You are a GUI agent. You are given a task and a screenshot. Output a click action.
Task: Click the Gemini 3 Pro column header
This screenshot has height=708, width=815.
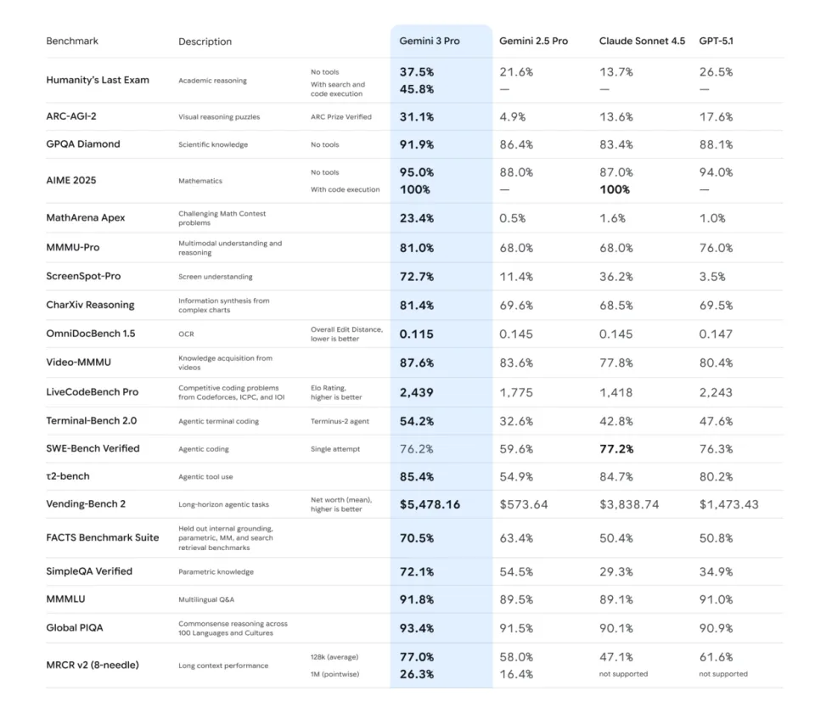pos(430,41)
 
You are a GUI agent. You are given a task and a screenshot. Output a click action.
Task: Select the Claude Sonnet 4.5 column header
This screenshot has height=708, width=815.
pos(642,41)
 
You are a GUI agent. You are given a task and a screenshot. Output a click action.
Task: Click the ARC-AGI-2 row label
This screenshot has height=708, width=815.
pos(71,116)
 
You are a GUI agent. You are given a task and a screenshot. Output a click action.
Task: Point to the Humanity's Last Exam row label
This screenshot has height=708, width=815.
pos(98,80)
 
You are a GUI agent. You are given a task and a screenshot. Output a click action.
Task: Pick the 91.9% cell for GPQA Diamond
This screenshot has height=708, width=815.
pos(417,144)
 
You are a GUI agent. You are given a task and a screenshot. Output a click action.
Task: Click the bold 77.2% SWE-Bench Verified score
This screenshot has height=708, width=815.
pos(616,448)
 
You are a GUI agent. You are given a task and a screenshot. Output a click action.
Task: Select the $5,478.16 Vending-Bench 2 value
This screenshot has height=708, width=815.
pos(430,504)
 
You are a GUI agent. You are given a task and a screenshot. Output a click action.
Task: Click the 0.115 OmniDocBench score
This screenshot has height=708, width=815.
pos(417,334)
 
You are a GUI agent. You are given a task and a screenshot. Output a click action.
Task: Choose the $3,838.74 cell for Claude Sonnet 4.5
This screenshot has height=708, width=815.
pos(629,504)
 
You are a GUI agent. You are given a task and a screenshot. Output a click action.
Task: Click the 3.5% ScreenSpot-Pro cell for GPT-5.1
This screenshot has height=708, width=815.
pos(712,277)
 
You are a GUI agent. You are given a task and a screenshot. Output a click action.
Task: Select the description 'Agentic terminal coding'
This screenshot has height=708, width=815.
pos(219,421)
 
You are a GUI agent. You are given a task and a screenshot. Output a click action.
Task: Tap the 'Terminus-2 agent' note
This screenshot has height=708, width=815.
pos(340,421)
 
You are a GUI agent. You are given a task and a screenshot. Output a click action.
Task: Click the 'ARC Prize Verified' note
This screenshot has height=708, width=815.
pos(341,117)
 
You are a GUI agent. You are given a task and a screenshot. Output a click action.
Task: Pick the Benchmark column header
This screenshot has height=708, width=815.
pos(72,41)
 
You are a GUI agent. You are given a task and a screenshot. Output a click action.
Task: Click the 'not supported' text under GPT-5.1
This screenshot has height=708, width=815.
pos(723,674)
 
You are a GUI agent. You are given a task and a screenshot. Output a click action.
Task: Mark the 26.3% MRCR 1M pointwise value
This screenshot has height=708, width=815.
pos(417,674)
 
